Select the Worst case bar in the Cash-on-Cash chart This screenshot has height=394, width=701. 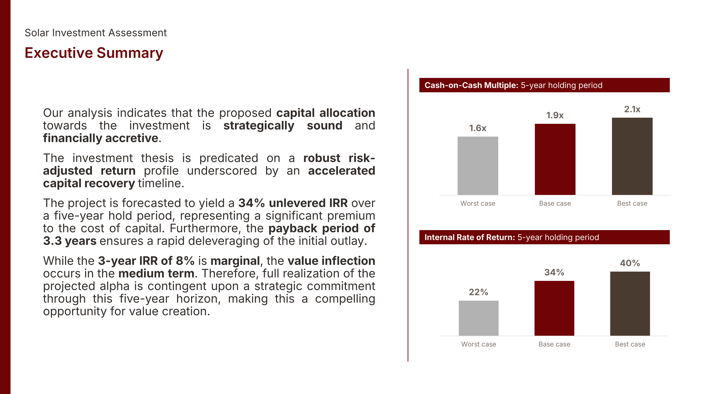coord(478,166)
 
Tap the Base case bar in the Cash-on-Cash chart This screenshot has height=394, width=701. coord(555,159)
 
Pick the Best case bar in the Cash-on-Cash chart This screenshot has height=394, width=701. coord(632,156)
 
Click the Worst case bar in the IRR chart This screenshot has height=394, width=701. coord(479,318)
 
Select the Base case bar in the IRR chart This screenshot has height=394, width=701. coord(554,308)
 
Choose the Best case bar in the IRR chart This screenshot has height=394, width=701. coord(630,304)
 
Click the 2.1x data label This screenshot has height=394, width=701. coord(632,109)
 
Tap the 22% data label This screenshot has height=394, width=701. coord(478,292)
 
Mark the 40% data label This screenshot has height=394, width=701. coord(630,263)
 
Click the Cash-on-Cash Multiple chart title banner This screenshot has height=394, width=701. coord(545,85)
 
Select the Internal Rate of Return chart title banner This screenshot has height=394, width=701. coord(545,237)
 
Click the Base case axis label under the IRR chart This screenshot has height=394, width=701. coord(554,344)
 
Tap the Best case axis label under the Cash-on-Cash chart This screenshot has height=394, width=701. coord(632,203)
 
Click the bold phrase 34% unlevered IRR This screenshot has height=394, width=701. coord(293,203)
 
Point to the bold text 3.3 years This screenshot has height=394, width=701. coord(70,241)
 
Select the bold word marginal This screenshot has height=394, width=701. coord(235,261)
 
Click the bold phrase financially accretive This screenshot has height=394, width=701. coord(101,138)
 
